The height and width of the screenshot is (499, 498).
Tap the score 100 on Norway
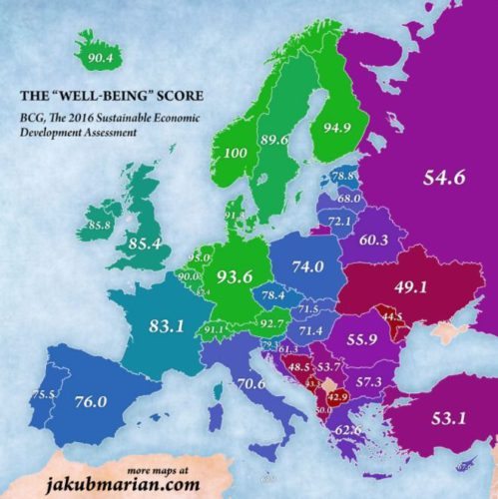tap(237, 155)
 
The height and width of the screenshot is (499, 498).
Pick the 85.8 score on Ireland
tap(99, 227)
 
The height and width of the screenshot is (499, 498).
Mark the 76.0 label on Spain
tap(91, 402)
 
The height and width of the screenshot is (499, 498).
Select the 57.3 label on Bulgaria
tap(369, 382)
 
